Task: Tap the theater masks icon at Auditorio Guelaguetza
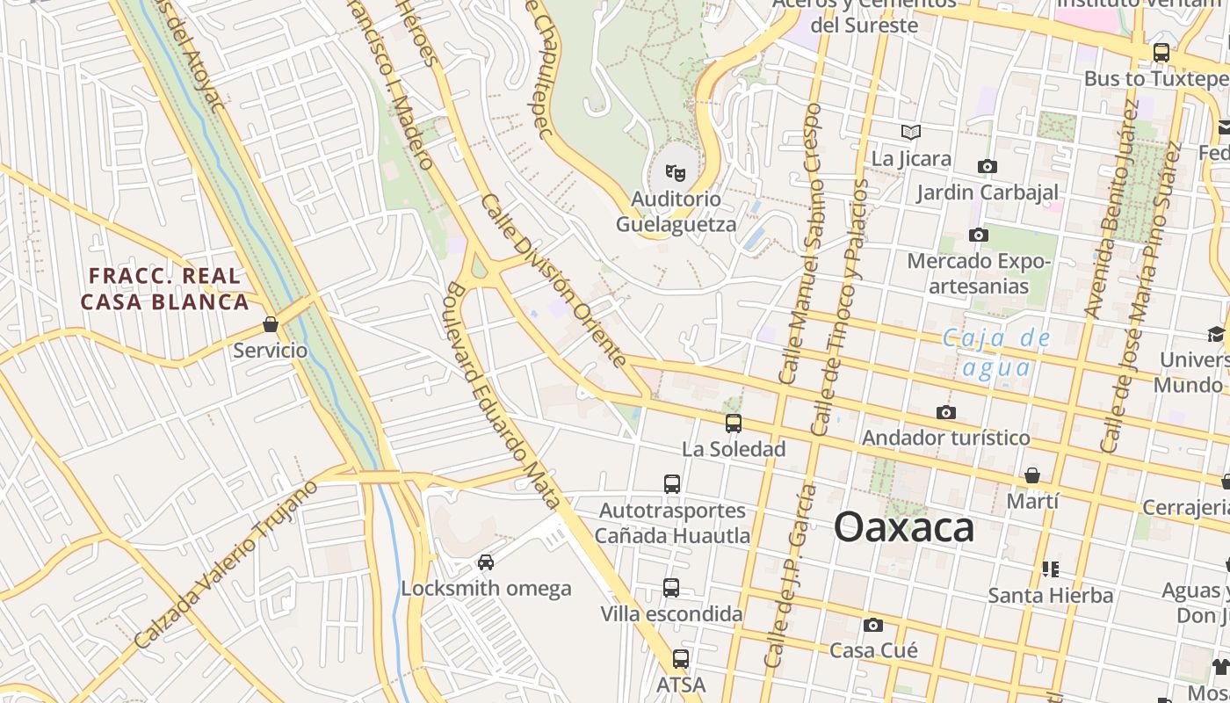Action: [x=675, y=172]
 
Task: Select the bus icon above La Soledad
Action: [x=734, y=424]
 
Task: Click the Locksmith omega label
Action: [x=486, y=588]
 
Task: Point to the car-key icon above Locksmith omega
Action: [x=486, y=562]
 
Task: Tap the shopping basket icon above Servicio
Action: [x=271, y=325]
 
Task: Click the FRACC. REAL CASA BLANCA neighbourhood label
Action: [x=165, y=289]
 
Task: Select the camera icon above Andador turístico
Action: [x=946, y=412]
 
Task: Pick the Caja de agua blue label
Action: [x=996, y=351]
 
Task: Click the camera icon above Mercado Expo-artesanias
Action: [x=978, y=235]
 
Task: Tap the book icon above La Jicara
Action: [x=911, y=132]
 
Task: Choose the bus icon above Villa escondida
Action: [x=671, y=587]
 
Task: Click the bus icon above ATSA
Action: [x=680, y=658]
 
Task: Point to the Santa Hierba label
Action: [x=1050, y=596]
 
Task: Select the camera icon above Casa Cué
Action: [x=872, y=625]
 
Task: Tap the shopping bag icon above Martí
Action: [x=1032, y=475]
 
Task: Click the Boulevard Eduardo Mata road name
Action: [x=503, y=395]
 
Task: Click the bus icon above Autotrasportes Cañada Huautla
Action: [x=672, y=483]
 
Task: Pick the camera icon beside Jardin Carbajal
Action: [x=988, y=166]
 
